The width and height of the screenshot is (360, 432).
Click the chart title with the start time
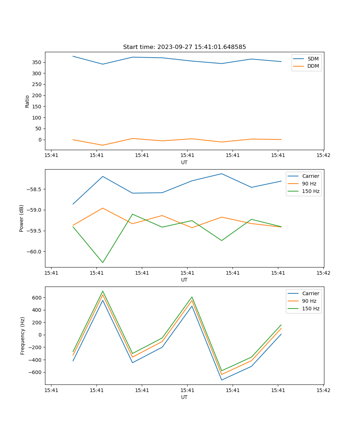[x=184, y=47]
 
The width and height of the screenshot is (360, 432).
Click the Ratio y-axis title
[x=27, y=101]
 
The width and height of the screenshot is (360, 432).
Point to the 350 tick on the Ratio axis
[x=37, y=62]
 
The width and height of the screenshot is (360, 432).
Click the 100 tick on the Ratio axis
[x=37, y=118]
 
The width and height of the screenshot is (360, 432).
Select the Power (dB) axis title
[x=22, y=218]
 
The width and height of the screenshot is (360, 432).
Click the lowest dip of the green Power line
[x=103, y=262]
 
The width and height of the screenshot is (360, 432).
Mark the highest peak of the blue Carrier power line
[x=222, y=174]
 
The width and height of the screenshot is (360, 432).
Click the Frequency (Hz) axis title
[x=23, y=336]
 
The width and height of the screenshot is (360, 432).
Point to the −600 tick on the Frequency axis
[x=35, y=372]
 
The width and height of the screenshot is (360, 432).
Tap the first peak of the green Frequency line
[x=103, y=291]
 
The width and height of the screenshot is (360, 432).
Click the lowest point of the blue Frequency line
[x=222, y=380]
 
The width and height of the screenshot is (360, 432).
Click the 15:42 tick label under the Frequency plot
[x=323, y=390]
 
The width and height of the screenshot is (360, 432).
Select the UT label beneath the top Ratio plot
[x=184, y=162]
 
